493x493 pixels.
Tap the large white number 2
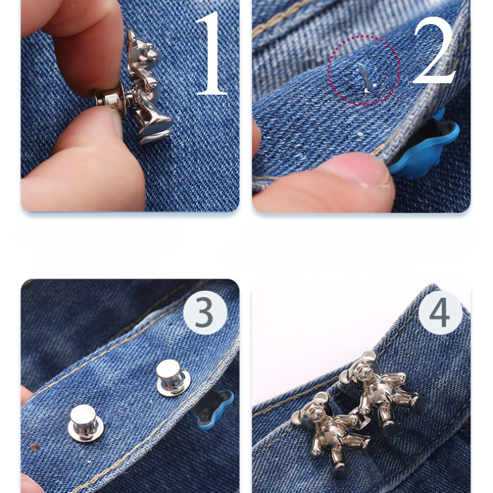click(x=435, y=51)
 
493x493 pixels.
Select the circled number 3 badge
click(x=205, y=312)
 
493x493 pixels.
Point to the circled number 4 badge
click(x=440, y=312)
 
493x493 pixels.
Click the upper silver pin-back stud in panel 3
click(x=173, y=378)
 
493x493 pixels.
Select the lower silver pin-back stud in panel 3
click(x=86, y=423)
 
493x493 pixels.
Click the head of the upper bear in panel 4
click(x=362, y=368)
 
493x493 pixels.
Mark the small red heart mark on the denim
click(x=34, y=447)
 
